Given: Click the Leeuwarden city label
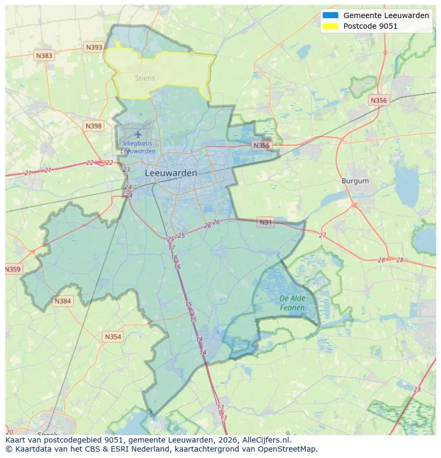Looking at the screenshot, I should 170,173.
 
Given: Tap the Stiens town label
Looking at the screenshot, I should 145,78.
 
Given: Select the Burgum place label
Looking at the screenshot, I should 355,181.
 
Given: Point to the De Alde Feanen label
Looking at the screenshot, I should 292,303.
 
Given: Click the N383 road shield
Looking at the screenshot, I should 44,55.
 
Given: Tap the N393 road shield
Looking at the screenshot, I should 94,47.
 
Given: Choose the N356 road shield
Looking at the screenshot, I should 379,100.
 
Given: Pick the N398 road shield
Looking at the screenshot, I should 93,126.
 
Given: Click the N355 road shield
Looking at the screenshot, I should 262,145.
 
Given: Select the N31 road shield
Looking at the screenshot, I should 265,222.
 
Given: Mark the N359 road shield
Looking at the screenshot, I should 13,269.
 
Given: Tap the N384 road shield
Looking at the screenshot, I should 62,302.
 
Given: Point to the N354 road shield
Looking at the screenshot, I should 112,337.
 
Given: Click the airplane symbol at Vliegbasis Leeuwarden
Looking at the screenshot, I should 138,134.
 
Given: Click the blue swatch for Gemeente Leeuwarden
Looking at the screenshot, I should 330,15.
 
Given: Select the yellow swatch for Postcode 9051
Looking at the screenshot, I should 330,26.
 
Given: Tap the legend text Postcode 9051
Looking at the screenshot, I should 370,26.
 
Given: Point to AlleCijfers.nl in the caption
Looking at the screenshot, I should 264,440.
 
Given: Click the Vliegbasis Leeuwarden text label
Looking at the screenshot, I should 138,147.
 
